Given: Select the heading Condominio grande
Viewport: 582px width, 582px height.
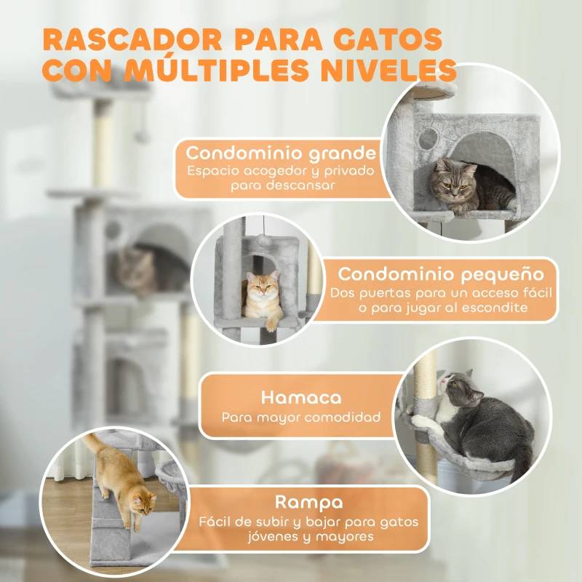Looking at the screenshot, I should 281,154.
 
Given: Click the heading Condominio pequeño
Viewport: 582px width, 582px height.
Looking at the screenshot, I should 441,274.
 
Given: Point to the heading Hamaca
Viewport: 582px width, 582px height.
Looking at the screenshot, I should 301,398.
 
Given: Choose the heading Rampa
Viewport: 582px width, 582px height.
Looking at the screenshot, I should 309,502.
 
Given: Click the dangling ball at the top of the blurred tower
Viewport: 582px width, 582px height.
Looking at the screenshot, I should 143,136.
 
